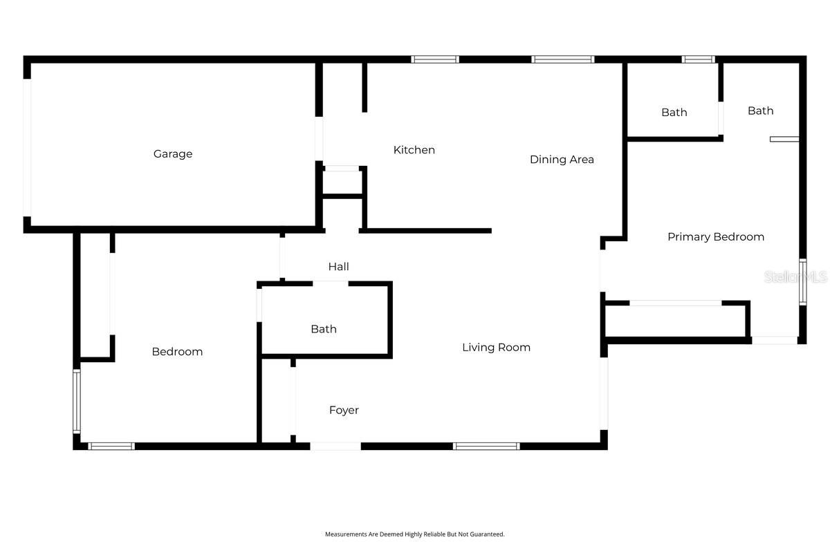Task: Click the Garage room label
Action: pyautogui.click(x=173, y=154)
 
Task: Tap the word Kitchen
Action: pyautogui.click(x=414, y=150)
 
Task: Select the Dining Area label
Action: pyautogui.click(x=562, y=160)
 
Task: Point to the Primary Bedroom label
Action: pyautogui.click(x=716, y=237)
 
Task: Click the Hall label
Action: pyautogui.click(x=339, y=267)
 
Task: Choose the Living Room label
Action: pyautogui.click(x=496, y=348)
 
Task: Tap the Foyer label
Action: pyautogui.click(x=344, y=411)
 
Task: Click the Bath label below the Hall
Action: pyautogui.click(x=324, y=329)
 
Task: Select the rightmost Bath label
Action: pyautogui.click(x=760, y=111)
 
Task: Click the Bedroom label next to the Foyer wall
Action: pyautogui.click(x=177, y=352)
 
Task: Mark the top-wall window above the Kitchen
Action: pyautogui.click(x=435, y=59)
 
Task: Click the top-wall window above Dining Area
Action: pyautogui.click(x=563, y=59)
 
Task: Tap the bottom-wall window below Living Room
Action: pyautogui.click(x=486, y=447)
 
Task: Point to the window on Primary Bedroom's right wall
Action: pyautogui.click(x=802, y=282)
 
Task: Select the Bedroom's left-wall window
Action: pyautogui.click(x=77, y=401)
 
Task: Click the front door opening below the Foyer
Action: pyautogui.click(x=335, y=447)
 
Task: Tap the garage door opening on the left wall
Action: pyautogui.click(x=27, y=147)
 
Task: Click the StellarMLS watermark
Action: pyautogui.click(x=795, y=277)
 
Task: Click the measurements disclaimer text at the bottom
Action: pyautogui.click(x=415, y=534)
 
